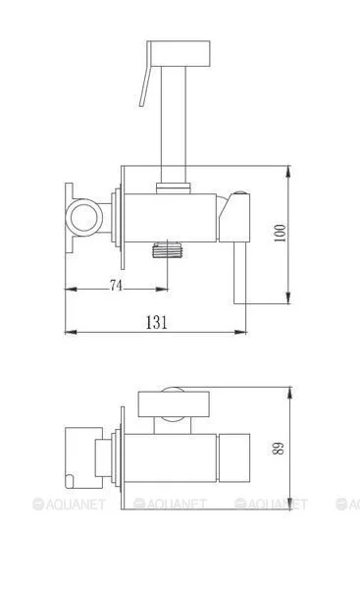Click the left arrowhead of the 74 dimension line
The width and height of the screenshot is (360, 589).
click(69, 291)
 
